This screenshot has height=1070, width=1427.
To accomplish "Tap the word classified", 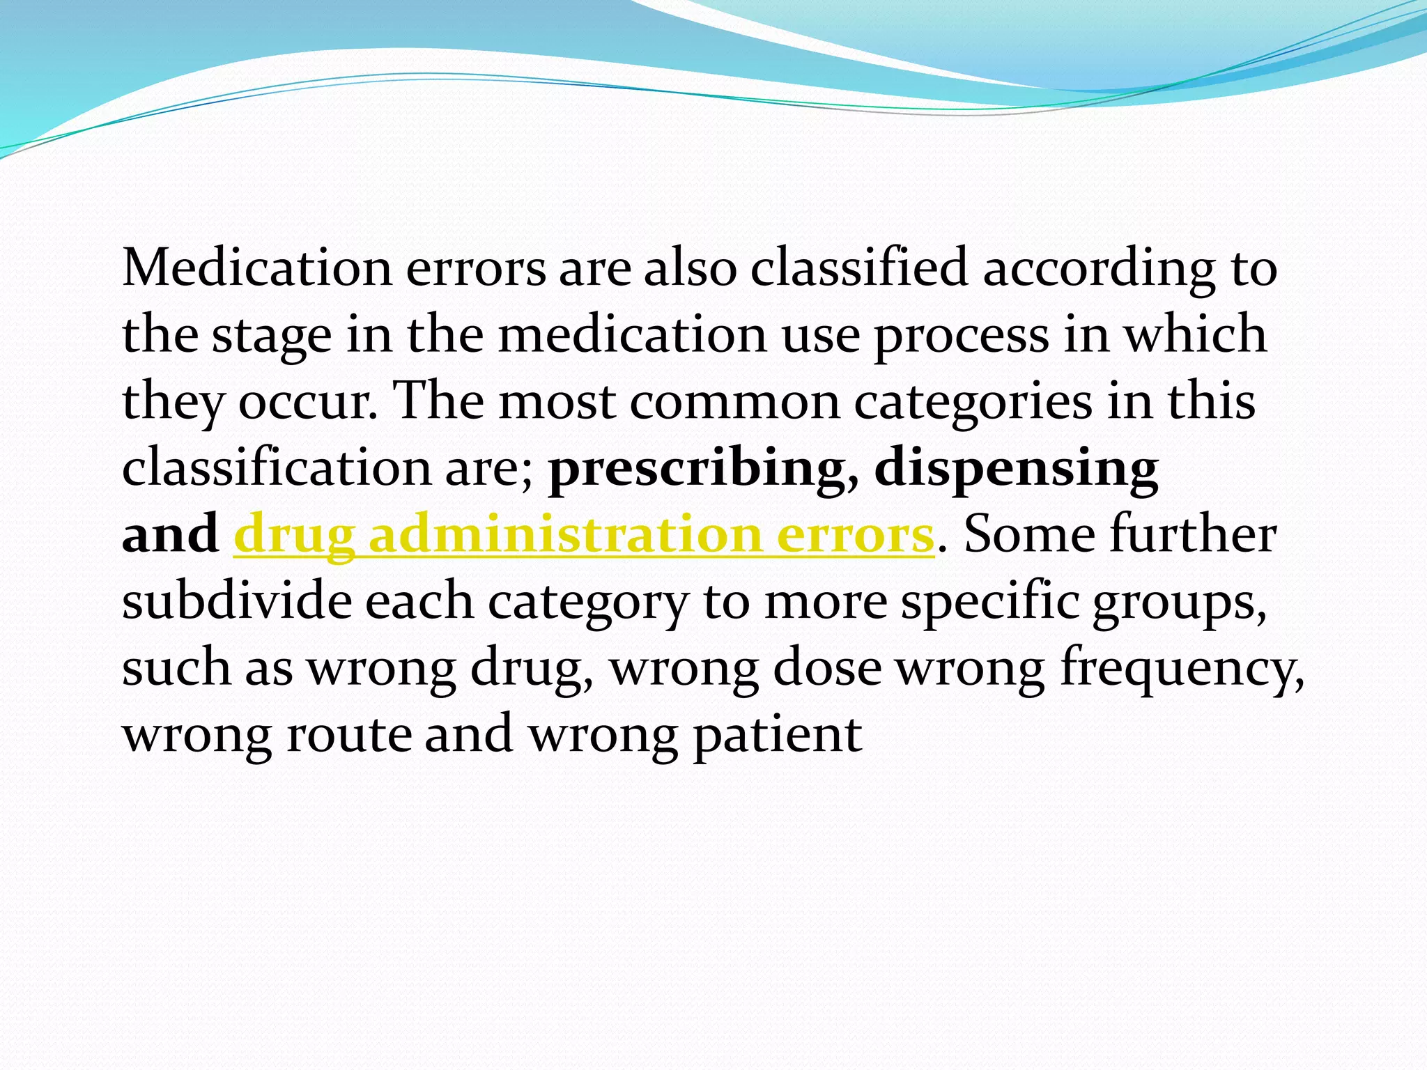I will [x=858, y=268].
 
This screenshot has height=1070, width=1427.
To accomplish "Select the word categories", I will [x=973, y=403].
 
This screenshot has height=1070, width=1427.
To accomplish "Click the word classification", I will [x=277, y=468].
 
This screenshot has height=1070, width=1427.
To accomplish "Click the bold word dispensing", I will [x=1017, y=468].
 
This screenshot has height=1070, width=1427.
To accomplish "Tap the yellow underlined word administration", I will [x=565, y=535].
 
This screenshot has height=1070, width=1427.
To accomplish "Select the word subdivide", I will [x=237, y=601].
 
